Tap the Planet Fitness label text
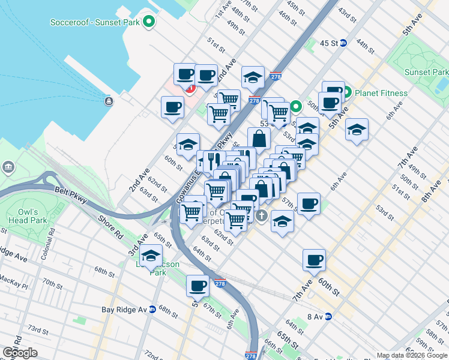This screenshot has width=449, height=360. pos(381,93)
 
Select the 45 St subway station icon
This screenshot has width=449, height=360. pos(343,43)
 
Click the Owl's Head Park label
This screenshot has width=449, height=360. pos(28,216)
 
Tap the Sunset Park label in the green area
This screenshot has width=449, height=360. pos(426,73)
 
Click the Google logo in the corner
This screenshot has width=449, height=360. pos(20,352)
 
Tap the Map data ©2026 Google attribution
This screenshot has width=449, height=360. pos(412,355)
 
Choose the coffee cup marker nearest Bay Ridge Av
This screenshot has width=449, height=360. pos(197,286)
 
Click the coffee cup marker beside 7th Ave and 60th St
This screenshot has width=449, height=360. pos(314,260)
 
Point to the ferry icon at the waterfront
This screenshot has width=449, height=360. pos(109,101)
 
